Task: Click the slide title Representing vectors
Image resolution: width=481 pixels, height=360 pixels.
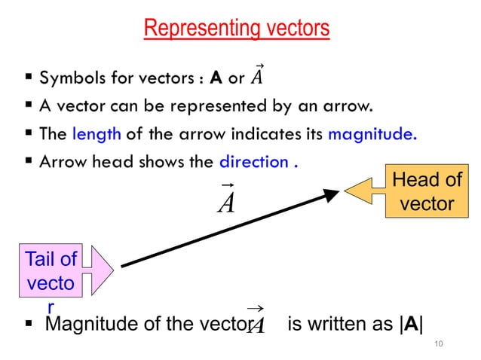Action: tap(236, 29)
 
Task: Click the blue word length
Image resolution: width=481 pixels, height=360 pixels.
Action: tap(97, 136)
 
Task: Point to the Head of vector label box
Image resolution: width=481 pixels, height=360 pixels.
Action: tap(426, 193)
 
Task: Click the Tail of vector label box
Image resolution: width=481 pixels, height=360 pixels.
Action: tap(51, 271)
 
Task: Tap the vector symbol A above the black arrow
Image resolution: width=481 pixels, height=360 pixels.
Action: tap(225, 200)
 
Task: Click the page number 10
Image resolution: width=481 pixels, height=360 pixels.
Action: tap(440, 344)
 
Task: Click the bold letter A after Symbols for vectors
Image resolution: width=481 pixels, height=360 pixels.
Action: tap(216, 78)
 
